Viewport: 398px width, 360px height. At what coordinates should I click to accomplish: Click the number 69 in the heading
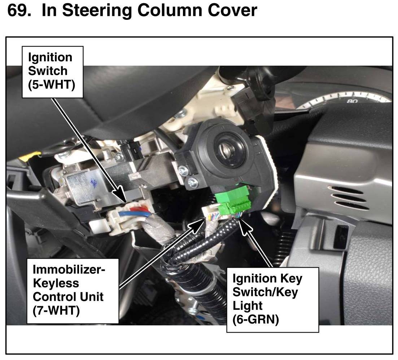point(19,10)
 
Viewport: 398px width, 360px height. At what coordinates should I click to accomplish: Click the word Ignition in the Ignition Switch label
point(50,57)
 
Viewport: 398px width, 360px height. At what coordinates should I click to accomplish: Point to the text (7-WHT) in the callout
point(56,310)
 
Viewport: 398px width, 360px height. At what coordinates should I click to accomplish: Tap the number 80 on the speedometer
point(352,101)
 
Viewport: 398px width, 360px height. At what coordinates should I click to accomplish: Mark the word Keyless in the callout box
point(56,283)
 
